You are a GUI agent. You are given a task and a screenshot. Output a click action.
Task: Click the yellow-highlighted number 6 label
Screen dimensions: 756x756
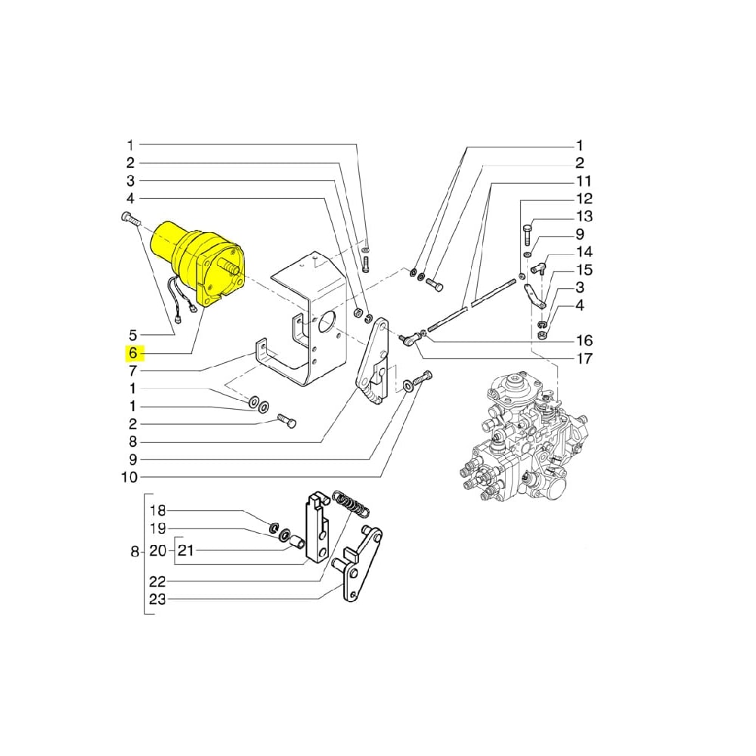133,353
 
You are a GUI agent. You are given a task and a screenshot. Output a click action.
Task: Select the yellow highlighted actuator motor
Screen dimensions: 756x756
198,262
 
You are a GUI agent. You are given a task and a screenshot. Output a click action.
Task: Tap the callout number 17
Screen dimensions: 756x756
584,358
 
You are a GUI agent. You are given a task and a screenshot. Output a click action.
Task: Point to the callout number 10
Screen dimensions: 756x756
129,478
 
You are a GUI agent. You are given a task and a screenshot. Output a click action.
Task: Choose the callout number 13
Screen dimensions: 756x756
584,217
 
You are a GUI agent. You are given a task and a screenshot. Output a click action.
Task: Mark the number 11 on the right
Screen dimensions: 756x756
584,181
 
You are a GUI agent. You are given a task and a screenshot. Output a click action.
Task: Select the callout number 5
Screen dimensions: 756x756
133,335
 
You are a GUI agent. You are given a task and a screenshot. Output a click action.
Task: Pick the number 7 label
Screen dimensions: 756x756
133,371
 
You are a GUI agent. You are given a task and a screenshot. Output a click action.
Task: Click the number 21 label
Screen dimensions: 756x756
185,551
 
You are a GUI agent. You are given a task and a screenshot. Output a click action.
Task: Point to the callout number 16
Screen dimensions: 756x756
584,340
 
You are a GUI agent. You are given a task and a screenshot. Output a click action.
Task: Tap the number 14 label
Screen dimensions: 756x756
584,252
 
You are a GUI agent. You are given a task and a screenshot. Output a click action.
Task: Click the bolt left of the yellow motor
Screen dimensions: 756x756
130,220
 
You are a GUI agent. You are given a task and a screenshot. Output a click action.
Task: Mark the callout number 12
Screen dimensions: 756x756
584,200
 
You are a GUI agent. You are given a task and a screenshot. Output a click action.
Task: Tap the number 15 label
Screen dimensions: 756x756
584,270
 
